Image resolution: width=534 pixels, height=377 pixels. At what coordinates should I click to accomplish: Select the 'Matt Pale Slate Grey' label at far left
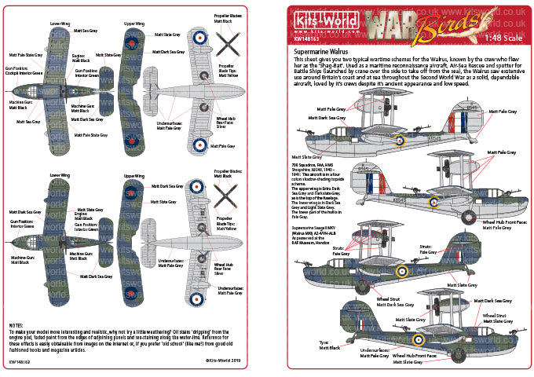pos(26,56)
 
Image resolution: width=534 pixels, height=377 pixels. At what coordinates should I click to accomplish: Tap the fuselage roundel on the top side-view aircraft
pos(400,140)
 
